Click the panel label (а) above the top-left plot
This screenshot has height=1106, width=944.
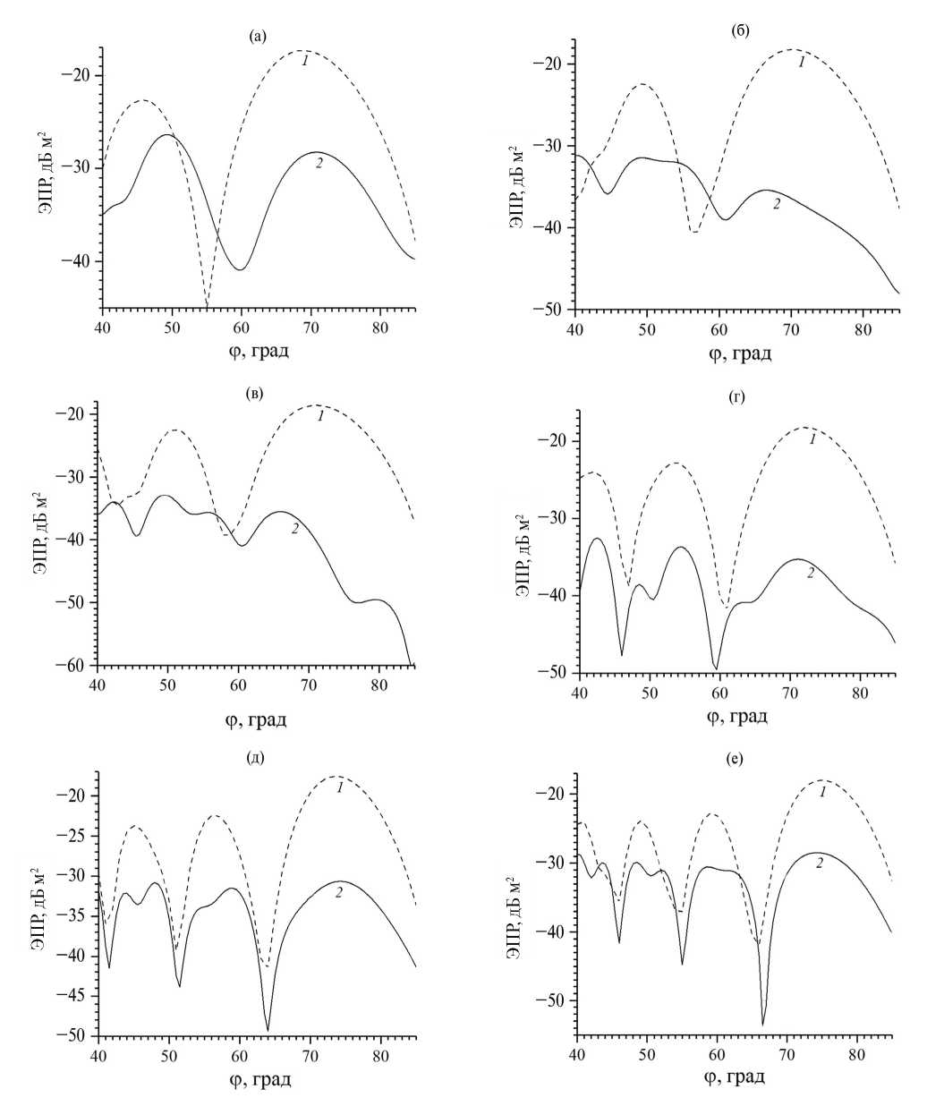pyautogui.click(x=258, y=36)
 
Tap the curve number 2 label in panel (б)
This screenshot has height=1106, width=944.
pyautogui.click(x=777, y=204)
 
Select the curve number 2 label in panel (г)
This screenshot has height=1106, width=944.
pyautogui.click(x=811, y=573)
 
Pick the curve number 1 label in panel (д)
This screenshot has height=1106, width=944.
pyautogui.click(x=340, y=787)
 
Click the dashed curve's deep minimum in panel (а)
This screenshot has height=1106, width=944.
pyautogui.click(x=207, y=306)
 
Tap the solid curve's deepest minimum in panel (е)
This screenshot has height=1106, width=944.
pyautogui.click(x=762, y=1024)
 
